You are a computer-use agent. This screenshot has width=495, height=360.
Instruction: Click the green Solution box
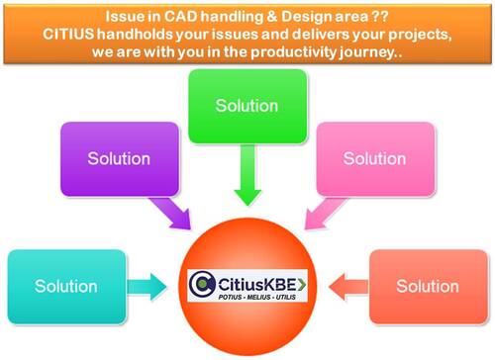[x=247, y=106]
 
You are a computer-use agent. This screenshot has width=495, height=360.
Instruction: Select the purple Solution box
[x=118, y=158]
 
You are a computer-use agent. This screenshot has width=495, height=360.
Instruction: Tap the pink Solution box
[x=373, y=158]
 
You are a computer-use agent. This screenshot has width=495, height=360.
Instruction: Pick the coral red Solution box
[x=428, y=286]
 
